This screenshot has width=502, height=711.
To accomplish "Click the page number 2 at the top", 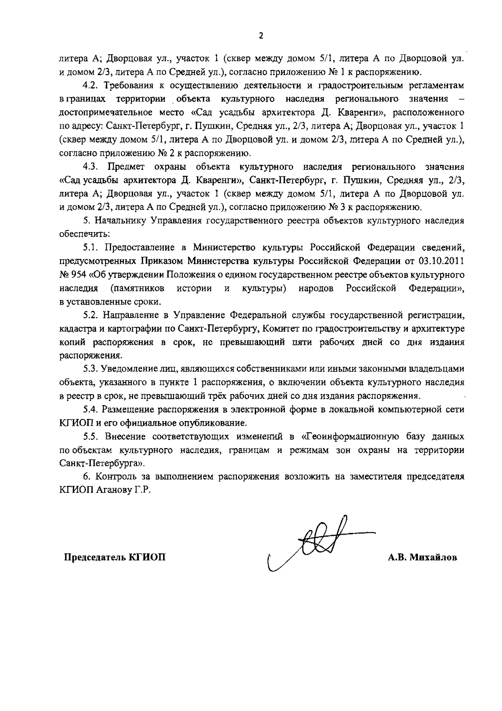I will (x=261, y=36).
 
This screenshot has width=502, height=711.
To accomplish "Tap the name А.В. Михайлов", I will (x=422, y=558).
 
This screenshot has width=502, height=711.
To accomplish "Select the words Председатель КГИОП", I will (x=114, y=558).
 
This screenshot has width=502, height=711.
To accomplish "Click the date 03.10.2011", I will (x=441, y=261).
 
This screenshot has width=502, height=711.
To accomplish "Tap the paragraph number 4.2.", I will (x=90, y=85).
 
